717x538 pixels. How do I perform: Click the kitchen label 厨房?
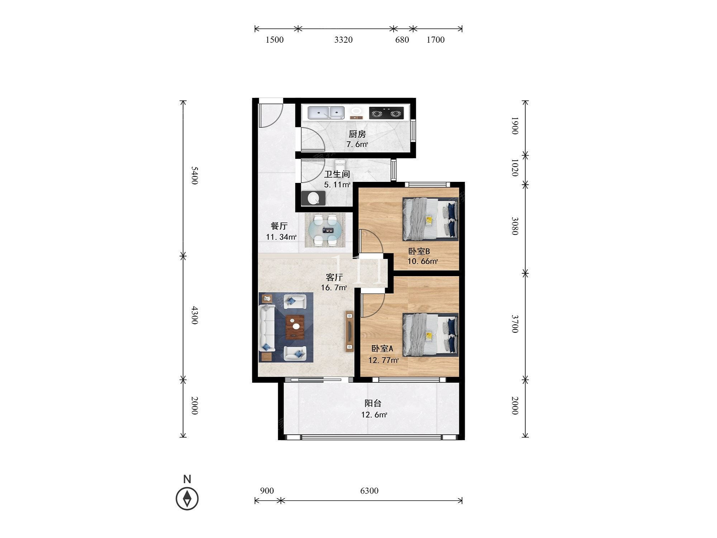(x=357, y=134)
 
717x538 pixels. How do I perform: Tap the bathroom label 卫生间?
(x=337, y=174)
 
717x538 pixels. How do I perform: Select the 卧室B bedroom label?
(x=419, y=251)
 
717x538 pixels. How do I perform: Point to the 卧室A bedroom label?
(x=382, y=349)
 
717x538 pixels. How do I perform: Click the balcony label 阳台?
(x=373, y=403)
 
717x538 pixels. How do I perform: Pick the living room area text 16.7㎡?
(x=334, y=288)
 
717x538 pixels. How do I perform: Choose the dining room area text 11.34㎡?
(x=281, y=237)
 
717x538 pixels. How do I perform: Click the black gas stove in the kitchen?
(x=386, y=113)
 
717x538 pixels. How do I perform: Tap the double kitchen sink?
(x=326, y=113)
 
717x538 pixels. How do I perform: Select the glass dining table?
(x=325, y=230)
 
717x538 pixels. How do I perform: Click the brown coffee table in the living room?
(x=295, y=327)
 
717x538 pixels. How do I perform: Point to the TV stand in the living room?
(x=350, y=331)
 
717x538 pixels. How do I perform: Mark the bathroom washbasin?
(x=313, y=198)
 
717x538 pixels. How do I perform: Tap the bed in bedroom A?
(x=430, y=335)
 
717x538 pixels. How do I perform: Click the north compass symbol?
(x=187, y=499)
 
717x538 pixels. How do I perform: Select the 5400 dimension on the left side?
(x=194, y=175)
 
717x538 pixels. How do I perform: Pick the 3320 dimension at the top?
(x=343, y=40)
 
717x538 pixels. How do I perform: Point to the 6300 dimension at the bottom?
(x=369, y=491)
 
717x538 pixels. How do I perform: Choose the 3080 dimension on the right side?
(x=515, y=226)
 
